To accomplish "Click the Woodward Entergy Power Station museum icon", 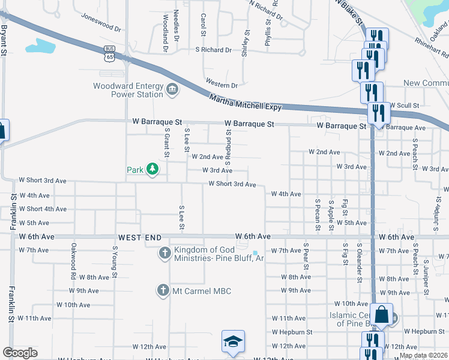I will (x=172, y=90).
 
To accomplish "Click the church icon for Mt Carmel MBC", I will (x=162, y=291).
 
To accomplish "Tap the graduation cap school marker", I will (x=233, y=342).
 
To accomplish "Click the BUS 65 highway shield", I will (x=109, y=54).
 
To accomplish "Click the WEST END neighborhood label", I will (x=139, y=238).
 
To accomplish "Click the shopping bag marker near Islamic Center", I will (x=381, y=314).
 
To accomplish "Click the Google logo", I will (x=20, y=353).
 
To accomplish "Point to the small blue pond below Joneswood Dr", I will (x=40, y=46).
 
